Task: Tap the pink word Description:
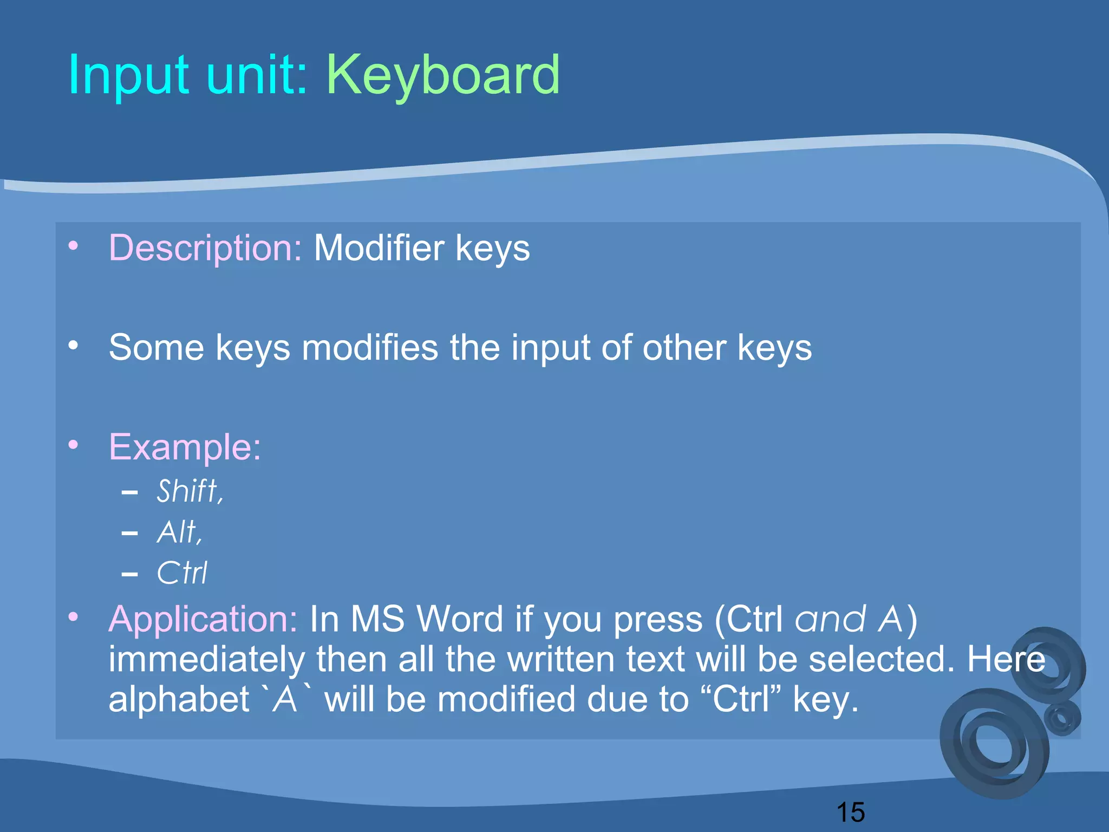[x=205, y=248]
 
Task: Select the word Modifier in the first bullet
[x=379, y=248]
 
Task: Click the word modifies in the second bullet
[x=370, y=347]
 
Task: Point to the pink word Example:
[x=185, y=447]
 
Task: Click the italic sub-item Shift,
[x=190, y=491]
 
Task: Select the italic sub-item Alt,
[x=179, y=532]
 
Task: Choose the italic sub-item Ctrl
[x=182, y=573]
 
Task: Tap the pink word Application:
[x=203, y=619]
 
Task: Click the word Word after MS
[x=460, y=619]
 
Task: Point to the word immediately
[x=207, y=659]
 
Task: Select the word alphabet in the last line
[x=179, y=699]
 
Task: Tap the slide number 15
[x=850, y=812]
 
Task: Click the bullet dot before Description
[x=74, y=246]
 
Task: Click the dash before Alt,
[x=129, y=534]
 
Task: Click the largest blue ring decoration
[x=994, y=744]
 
